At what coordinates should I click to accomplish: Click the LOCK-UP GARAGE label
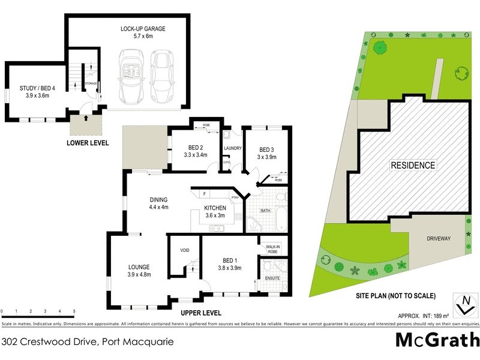coord(143,28)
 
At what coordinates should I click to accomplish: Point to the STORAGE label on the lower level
coord(91,83)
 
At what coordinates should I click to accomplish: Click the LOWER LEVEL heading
coord(88,143)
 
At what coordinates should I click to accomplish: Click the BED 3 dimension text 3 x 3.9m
coord(266,157)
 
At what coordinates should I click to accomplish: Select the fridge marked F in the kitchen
coord(205,194)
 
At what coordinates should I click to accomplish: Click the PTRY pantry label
coord(235,197)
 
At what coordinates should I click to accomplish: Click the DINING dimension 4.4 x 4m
coord(159,208)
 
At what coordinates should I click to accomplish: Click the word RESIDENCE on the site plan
coord(413,165)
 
